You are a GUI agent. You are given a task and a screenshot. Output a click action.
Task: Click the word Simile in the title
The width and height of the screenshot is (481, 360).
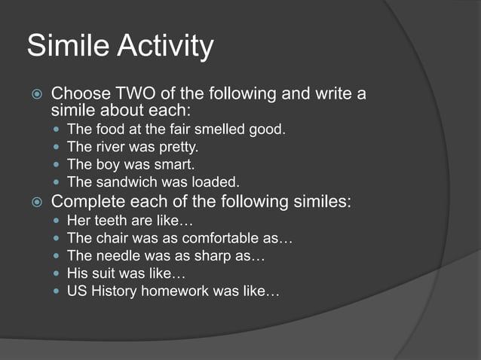[61, 46]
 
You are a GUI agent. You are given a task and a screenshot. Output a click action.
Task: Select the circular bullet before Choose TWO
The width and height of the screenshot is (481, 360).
[35, 95]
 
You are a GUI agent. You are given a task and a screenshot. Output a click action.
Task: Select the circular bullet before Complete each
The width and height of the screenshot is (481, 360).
[35, 202]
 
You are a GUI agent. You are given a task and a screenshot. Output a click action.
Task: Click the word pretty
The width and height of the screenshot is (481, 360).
[176, 148]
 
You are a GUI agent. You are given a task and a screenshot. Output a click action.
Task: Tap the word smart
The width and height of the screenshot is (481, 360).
[177, 164]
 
